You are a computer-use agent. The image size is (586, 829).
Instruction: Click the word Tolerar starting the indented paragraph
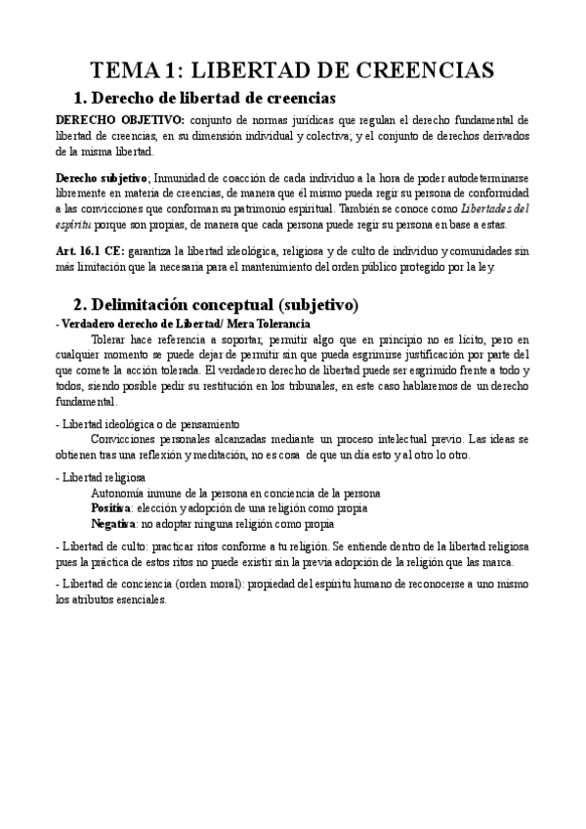click(x=110, y=338)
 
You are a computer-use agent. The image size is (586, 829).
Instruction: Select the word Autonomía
click(x=116, y=494)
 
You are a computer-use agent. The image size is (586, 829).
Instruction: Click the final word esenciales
click(x=141, y=600)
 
